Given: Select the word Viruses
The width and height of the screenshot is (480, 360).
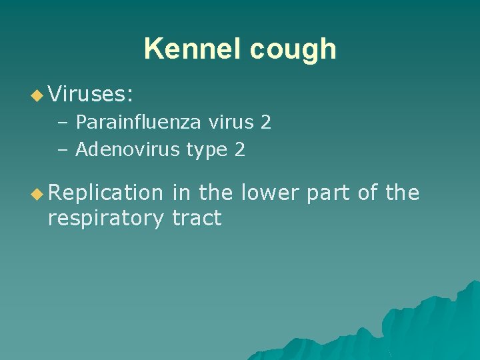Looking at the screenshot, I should (x=91, y=95).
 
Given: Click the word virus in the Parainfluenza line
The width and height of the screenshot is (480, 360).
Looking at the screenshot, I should (x=223, y=122).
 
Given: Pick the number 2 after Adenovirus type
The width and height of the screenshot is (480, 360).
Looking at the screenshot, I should (x=240, y=150).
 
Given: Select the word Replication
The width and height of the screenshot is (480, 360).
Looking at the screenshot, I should (x=105, y=193).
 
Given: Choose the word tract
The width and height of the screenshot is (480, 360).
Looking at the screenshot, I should (x=197, y=217).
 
